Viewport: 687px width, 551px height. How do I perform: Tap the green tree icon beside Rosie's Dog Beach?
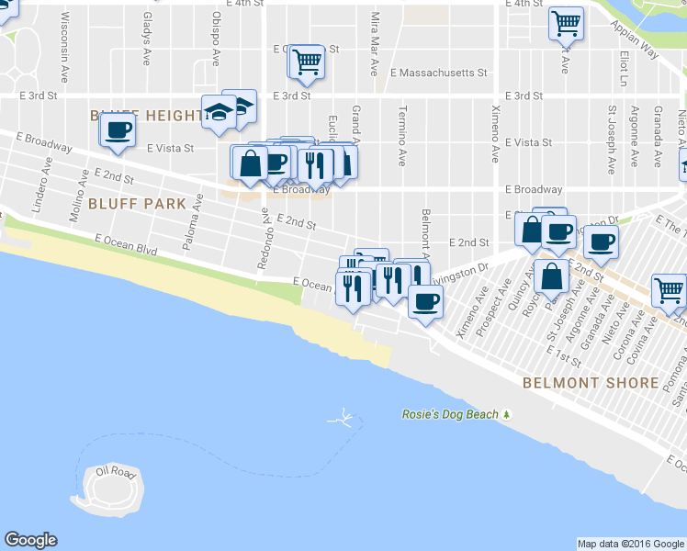pyautogui.click(x=506, y=414)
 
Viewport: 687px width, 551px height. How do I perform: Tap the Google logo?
pyautogui.click(x=30, y=540)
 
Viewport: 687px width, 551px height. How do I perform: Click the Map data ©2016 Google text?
pyautogui.click(x=631, y=544)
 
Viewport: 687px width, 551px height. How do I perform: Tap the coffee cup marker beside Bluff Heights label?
pyautogui.click(x=117, y=131)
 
